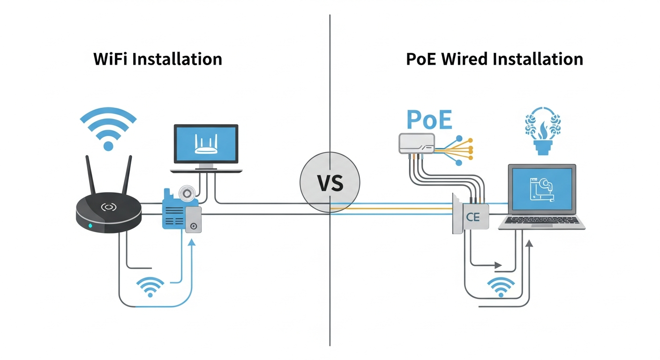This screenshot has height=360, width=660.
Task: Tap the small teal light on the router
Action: tap(90, 226)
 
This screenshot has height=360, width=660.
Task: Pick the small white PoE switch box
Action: tap(416, 143)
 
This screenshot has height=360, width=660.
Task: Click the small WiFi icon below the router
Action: tap(150, 286)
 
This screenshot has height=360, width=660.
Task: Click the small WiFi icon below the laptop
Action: tap(501, 287)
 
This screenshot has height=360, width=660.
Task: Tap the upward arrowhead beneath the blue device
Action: tap(191, 243)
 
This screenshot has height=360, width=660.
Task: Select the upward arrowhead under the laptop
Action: tap(529, 243)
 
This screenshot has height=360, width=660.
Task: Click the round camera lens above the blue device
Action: tap(186, 192)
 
